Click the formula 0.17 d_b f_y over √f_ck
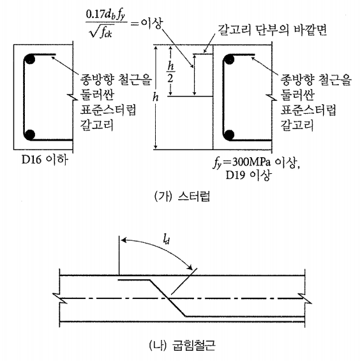pyautogui.click(x=106, y=24)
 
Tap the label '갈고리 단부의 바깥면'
pyautogui.click(x=272, y=30)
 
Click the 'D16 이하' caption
pyautogui.click(x=45, y=160)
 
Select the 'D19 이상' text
pyautogui.click(x=248, y=175)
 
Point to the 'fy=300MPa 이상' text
pyautogui.click(x=256, y=163)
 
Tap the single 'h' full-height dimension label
pyautogui.click(x=156, y=97)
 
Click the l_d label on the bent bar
pyautogui.click(x=166, y=240)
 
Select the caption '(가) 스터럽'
pyautogui.click(x=182, y=197)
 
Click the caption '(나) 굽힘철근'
pyautogui.click(x=182, y=346)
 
